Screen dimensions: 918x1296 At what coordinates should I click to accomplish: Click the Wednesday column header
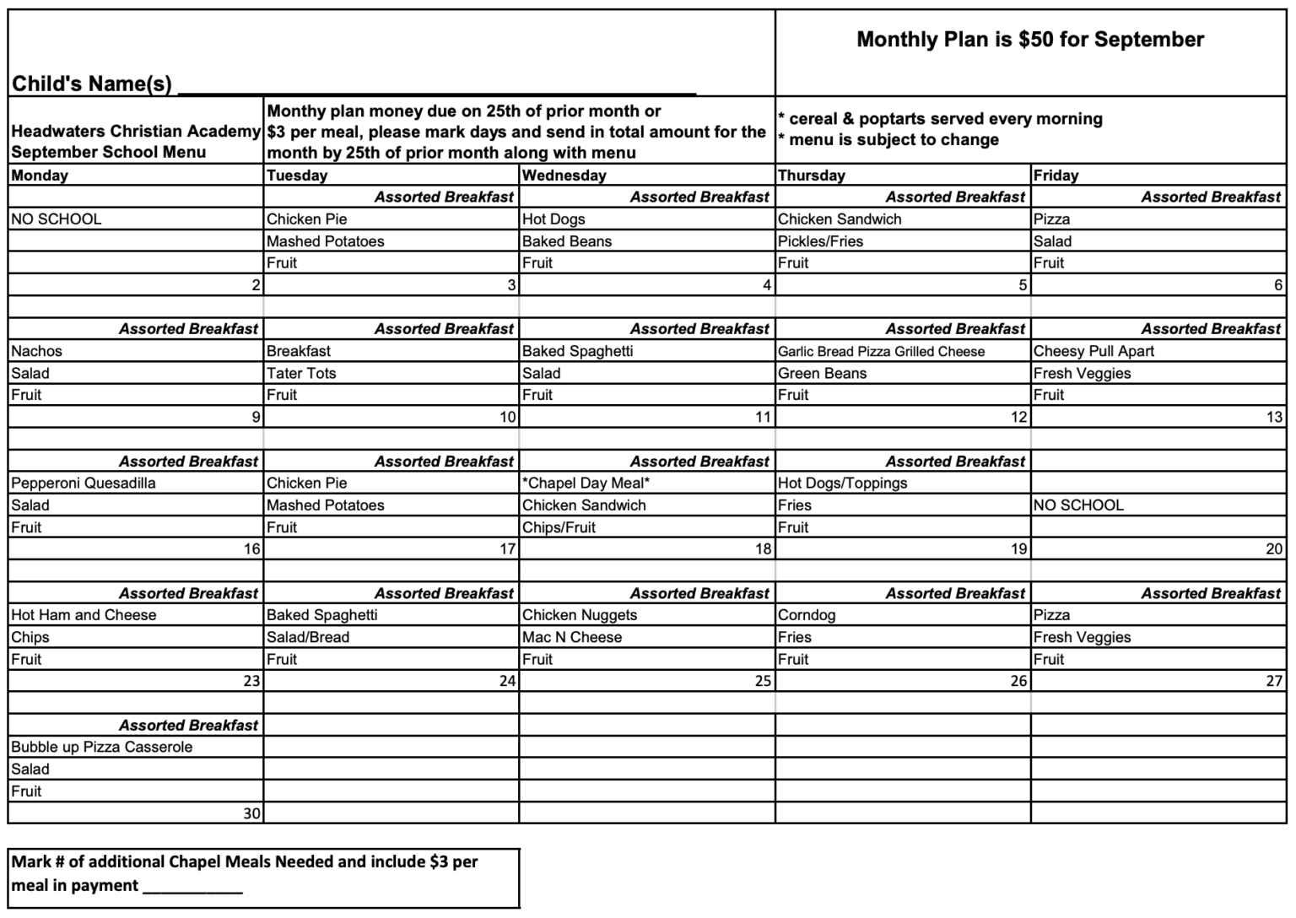click(x=564, y=175)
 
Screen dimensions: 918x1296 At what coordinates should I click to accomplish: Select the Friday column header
click(x=1056, y=175)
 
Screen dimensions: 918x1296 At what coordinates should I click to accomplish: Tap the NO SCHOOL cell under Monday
click(x=57, y=219)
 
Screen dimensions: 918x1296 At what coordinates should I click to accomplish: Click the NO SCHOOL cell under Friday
click(x=1078, y=505)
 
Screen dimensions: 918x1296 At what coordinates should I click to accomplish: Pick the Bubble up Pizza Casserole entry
click(x=102, y=748)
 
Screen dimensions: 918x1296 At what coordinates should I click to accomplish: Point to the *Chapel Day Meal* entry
click(x=586, y=483)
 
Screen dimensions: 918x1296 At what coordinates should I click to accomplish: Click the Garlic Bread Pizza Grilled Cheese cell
click(x=881, y=352)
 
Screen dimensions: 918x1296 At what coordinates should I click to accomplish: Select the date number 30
click(x=251, y=813)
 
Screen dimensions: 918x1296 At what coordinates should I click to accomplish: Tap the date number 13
click(x=1273, y=417)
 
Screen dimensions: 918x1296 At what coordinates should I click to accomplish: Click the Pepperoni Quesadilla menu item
click(x=84, y=483)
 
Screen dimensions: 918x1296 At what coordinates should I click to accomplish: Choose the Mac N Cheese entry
click(x=572, y=638)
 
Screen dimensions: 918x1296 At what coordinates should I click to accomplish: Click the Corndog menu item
click(x=806, y=615)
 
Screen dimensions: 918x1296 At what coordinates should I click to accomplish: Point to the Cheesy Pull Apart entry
click(x=1093, y=351)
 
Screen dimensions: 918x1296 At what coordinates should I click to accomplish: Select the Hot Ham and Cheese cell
click(x=84, y=615)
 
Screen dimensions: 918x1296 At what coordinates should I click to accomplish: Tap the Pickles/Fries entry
click(x=820, y=241)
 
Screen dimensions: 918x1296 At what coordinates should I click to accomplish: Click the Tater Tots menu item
click(x=301, y=373)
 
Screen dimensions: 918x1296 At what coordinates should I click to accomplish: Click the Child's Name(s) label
click(x=91, y=84)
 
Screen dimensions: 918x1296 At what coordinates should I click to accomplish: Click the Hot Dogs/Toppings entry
click(x=842, y=483)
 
